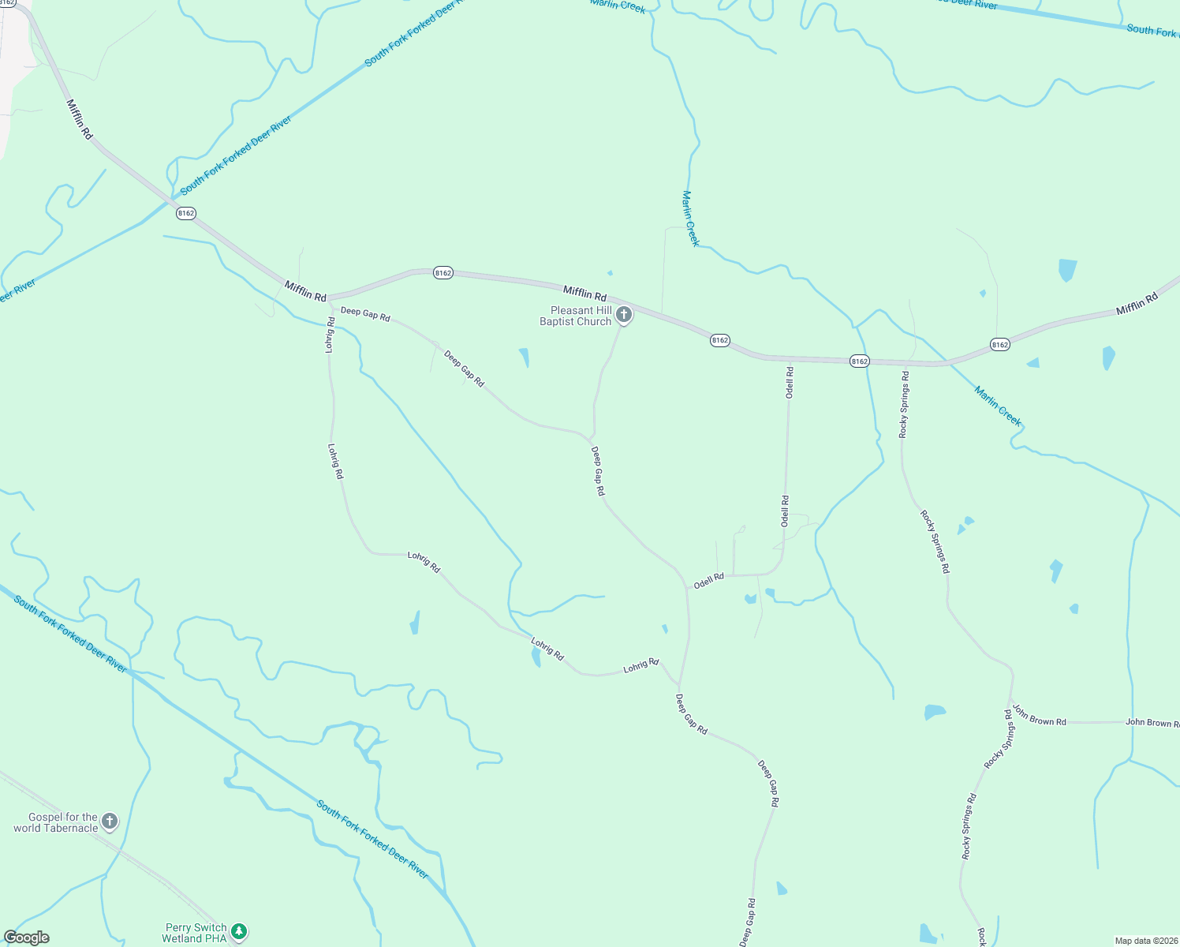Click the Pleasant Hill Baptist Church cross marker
(624, 316)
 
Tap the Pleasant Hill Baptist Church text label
(576, 316)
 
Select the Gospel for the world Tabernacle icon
(110, 822)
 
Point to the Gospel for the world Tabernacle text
(56, 822)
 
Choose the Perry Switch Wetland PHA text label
(195, 933)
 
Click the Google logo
(27, 938)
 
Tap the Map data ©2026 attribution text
(1145, 941)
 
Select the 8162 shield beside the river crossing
(185, 213)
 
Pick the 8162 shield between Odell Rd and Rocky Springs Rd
(859, 361)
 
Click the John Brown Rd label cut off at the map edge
(1152, 723)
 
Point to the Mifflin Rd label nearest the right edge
(1137, 304)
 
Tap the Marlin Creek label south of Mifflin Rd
(998, 406)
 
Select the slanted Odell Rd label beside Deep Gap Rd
(708, 581)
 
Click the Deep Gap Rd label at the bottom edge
(748, 922)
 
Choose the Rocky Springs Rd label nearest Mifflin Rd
(904, 404)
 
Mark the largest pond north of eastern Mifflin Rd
(1067, 270)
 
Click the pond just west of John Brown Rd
(935, 712)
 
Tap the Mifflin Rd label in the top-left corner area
(80, 119)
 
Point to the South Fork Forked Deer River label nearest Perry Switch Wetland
(372, 839)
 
